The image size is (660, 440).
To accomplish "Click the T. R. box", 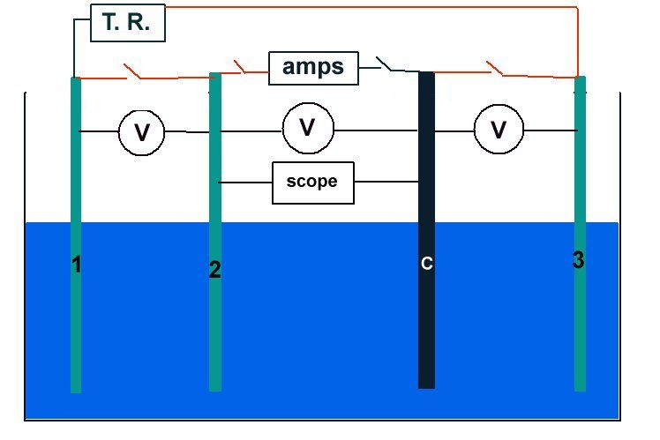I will coord(128,24).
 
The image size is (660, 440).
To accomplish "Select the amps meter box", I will coord(313,68).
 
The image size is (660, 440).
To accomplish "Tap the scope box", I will coord(313,183).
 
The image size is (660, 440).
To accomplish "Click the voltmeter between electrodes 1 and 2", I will coord(142,132).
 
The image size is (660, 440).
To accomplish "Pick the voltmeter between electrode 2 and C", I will coord(308,129).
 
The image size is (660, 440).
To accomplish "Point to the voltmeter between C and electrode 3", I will coord(499,131).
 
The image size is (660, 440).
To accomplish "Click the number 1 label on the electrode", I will coord(77,263).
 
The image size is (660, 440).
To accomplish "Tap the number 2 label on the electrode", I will coord(214,270).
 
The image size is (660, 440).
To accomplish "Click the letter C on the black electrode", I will coord(426,264).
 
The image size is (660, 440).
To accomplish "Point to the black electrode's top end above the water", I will coord(426,79).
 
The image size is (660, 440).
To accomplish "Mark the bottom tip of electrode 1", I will coord(76,388).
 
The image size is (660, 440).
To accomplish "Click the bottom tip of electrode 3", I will coord(580,386).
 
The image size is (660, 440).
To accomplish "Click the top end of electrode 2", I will coord(214,78).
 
